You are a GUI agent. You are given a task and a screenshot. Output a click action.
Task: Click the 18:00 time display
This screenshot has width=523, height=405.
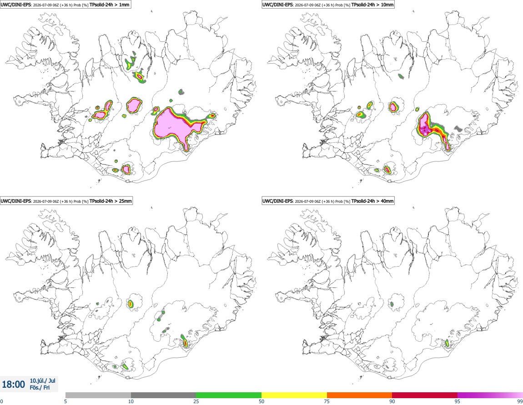click(x=13, y=385)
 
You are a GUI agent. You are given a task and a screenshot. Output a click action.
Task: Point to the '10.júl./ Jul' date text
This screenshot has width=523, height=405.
click(x=43, y=380)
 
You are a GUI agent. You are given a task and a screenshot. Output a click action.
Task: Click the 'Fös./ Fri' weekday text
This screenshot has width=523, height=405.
click(x=40, y=388)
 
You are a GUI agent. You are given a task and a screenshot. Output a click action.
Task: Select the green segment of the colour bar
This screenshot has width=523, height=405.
click(x=229, y=395)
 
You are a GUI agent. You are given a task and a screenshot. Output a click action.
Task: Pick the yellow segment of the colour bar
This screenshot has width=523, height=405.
click(x=294, y=395)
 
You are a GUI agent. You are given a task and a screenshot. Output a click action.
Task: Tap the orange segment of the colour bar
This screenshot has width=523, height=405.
click(x=360, y=395)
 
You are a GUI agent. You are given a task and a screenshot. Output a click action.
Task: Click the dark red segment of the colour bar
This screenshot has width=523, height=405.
click(x=425, y=395)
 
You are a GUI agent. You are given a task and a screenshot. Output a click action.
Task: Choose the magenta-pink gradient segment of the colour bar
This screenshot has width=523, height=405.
click(x=490, y=395)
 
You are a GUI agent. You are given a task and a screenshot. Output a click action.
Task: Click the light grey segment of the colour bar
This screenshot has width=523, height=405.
click(x=98, y=395)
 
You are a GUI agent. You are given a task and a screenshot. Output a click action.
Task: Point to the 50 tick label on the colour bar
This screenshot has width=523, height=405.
click(x=261, y=401)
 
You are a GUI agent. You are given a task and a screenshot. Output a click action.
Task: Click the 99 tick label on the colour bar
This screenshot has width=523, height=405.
click(x=520, y=401)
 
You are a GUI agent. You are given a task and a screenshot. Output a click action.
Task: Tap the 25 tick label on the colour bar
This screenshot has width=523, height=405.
click(x=196, y=401)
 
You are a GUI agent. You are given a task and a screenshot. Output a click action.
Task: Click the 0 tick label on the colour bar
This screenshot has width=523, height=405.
click(x=2, y=401)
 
